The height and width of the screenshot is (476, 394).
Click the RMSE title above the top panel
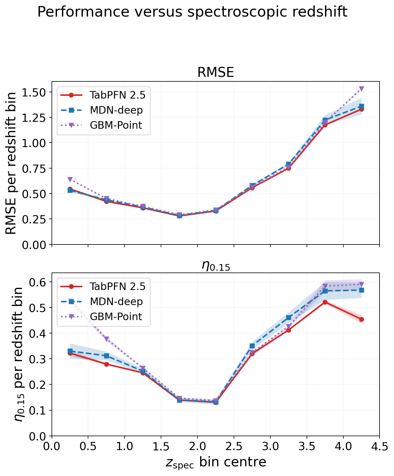(x=216, y=72)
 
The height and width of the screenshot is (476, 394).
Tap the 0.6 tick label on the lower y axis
(x=38, y=282)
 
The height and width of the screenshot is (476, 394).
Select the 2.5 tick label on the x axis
(x=234, y=446)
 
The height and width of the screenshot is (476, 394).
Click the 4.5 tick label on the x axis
(x=380, y=446)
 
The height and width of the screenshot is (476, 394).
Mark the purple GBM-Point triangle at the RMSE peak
(x=361, y=89)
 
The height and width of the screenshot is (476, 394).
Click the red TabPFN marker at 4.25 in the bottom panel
(x=361, y=319)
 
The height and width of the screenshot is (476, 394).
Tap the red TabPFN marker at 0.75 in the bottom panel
(x=106, y=364)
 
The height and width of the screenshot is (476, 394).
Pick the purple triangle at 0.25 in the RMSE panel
(x=70, y=179)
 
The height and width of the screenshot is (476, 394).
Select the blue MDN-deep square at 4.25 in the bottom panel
(x=361, y=290)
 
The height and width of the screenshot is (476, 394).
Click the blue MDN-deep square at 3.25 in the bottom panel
(x=288, y=317)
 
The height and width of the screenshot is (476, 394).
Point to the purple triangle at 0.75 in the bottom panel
(x=106, y=339)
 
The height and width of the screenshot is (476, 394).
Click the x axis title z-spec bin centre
(x=216, y=462)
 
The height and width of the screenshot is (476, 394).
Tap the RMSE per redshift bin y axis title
(x=11, y=163)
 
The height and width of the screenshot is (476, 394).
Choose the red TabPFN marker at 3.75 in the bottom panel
(x=325, y=302)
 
